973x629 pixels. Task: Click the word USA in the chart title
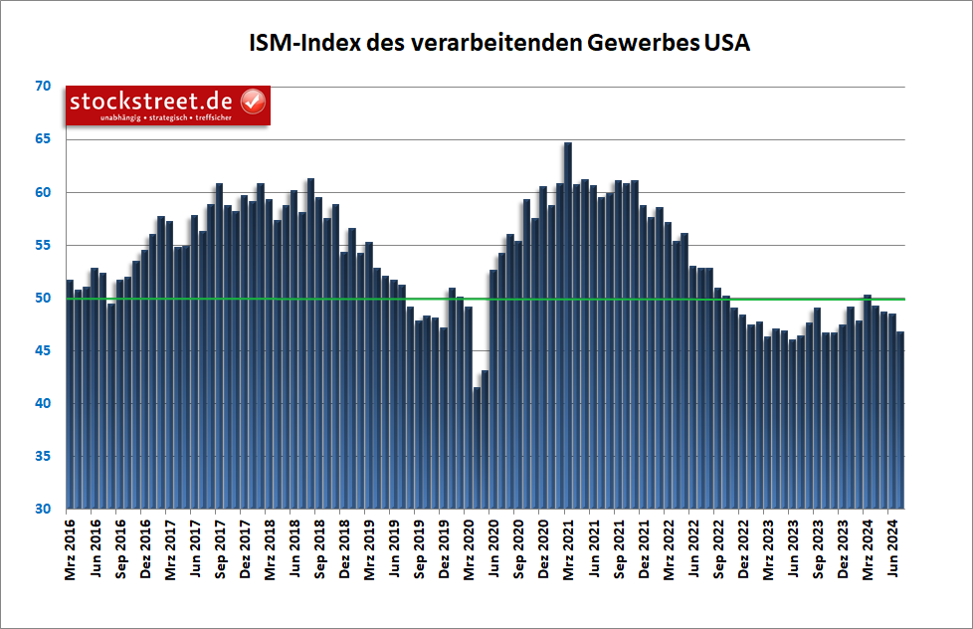(726, 44)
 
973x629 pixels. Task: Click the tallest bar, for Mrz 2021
(568, 328)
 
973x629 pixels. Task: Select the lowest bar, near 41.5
(477, 448)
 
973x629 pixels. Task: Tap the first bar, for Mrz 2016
(70, 398)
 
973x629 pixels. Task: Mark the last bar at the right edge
(900, 418)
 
